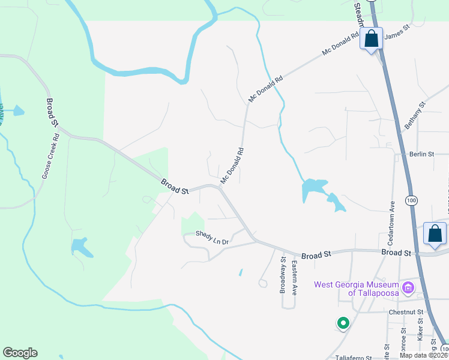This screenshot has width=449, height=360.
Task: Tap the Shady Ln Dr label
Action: click(212, 238)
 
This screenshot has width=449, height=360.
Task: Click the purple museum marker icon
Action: click(409, 288)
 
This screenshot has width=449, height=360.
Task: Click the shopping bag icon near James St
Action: click(372, 40)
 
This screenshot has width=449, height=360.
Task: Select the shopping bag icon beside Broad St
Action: click(434, 234)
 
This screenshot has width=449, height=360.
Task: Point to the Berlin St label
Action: click(421, 154)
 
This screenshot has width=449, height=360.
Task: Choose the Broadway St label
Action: click(283, 275)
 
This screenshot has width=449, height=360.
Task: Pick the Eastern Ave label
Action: click(295, 278)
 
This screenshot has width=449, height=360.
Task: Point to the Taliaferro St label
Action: click(352, 357)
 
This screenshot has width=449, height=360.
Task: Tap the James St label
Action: click(396, 36)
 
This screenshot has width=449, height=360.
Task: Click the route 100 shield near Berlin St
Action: click(411, 201)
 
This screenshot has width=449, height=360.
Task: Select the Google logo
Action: click(20, 353)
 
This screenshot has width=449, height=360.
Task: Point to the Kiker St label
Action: click(420, 331)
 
